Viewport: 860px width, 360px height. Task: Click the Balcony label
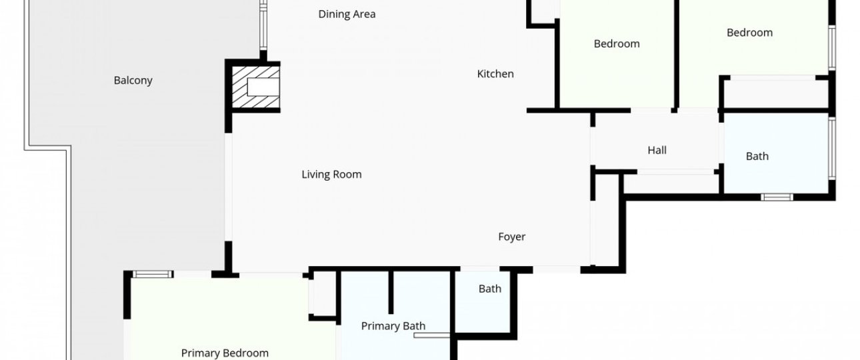coord(133,80)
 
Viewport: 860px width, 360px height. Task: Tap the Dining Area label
coord(347,14)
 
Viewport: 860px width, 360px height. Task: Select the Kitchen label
coord(495,74)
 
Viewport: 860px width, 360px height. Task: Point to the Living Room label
coord(331,175)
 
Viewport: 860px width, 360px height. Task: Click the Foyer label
coord(512,237)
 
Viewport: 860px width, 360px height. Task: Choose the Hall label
coord(657,150)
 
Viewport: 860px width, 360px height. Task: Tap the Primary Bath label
coord(393,326)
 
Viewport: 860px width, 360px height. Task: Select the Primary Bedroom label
coord(225,353)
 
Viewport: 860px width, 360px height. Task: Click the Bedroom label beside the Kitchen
coord(617,44)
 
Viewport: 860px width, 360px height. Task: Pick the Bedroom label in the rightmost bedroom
coord(749,33)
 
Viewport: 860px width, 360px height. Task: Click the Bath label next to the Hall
coord(757,156)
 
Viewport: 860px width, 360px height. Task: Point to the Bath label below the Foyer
coord(490,289)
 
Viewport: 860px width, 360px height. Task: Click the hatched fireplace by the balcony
coord(256,87)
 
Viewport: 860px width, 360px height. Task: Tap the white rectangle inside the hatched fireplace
coord(263,87)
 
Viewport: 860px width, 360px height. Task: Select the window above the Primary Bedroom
coord(153,274)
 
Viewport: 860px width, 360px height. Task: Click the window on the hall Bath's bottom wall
coord(777,197)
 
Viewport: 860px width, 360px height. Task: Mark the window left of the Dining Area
coord(263,25)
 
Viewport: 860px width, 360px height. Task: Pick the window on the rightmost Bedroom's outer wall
coord(831,48)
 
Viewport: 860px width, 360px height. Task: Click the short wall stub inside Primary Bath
coord(391,293)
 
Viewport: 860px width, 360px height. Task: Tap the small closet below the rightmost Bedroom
coord(775,94)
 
